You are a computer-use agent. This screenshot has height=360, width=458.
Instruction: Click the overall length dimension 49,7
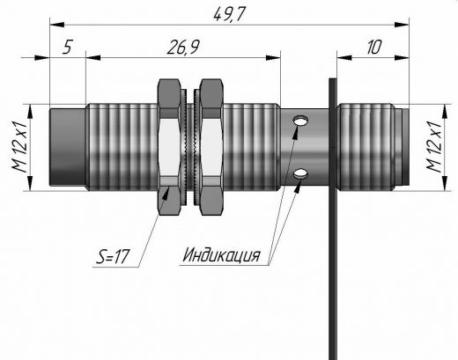[229, 14]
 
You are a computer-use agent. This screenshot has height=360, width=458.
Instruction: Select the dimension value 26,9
[183, 47]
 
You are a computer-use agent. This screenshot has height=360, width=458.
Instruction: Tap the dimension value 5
[67, 47]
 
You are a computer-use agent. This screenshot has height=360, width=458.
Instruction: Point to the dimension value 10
[373, 48]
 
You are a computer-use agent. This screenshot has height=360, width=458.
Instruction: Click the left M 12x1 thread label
[19, 147]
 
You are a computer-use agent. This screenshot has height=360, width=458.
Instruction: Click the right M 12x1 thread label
[433, 147]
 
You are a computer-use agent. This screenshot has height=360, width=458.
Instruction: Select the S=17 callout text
[113, 257]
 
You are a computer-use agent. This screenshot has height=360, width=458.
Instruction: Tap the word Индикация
[221, 254]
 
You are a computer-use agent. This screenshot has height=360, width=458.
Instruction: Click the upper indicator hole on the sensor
[301, 121]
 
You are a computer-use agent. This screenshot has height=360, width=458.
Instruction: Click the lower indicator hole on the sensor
[301, 173]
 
